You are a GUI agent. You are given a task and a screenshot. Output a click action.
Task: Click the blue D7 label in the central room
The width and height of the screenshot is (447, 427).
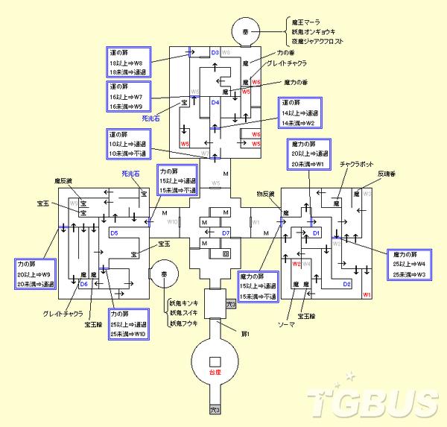tap(225, 233)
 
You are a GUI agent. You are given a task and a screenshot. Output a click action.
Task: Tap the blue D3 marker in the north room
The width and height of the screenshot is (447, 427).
tap(215, 53)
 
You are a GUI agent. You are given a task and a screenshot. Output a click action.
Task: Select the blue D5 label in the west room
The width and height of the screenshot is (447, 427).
tap(114, 233)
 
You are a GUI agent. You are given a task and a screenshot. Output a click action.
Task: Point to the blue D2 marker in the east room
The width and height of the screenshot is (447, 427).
tap(346, 284)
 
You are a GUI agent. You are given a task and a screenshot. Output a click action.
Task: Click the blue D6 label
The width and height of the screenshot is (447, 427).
tap(83, 284)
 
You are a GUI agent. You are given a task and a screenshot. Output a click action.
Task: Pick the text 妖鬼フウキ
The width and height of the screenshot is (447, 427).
tap(184, 323)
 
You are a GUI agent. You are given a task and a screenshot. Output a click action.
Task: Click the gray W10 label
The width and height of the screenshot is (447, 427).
tap(172, 222)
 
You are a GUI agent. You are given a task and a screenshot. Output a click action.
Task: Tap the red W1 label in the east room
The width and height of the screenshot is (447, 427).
tap(367, 295)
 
